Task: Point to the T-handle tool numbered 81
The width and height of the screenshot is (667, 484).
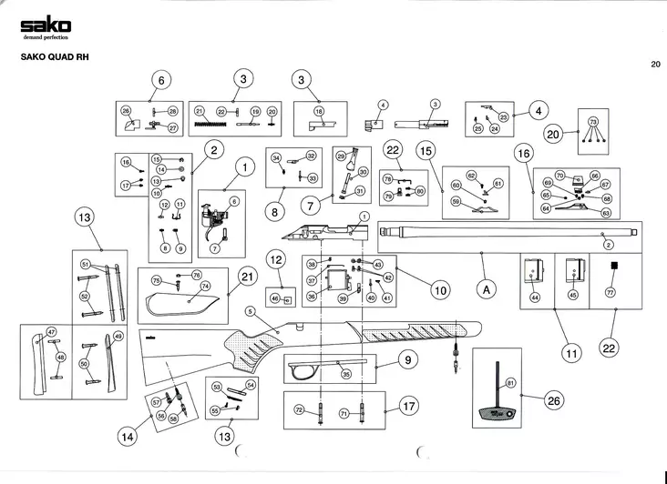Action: [497, 391]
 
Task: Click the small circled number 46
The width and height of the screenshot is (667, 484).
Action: [276, 297]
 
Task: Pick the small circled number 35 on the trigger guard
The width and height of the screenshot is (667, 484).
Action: [346, 373]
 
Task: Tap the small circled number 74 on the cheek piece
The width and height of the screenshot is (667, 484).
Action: [205, 286]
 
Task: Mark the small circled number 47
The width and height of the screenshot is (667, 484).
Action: [52, 332]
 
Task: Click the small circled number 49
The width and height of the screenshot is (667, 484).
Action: [118, 337]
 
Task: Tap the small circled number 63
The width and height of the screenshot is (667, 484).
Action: [606, 212]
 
